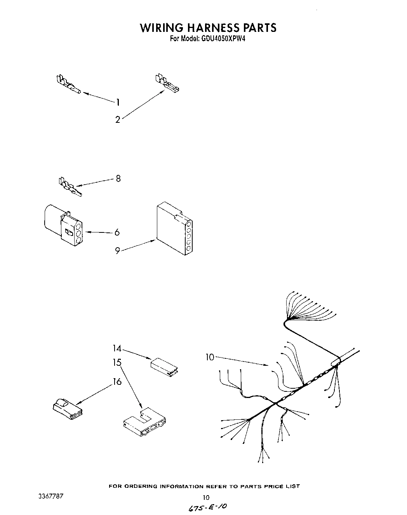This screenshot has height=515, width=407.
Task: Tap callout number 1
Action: [x=118, y=102]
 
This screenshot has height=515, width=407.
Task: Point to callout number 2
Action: [x=118, y=120]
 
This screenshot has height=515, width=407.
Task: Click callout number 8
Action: [x=118, y=178]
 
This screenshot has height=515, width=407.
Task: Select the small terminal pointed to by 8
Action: [x=70, y=187]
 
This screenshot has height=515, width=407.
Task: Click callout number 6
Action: [x=117, y=232]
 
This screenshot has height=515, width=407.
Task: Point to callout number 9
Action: [x=117, y=251]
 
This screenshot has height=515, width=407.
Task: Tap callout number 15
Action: [x=117, y=362]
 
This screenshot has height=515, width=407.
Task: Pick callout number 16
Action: [x=117, y=382]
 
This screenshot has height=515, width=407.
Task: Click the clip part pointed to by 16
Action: [x=66, y=410]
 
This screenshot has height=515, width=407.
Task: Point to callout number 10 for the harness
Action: [x=210, y=357]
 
